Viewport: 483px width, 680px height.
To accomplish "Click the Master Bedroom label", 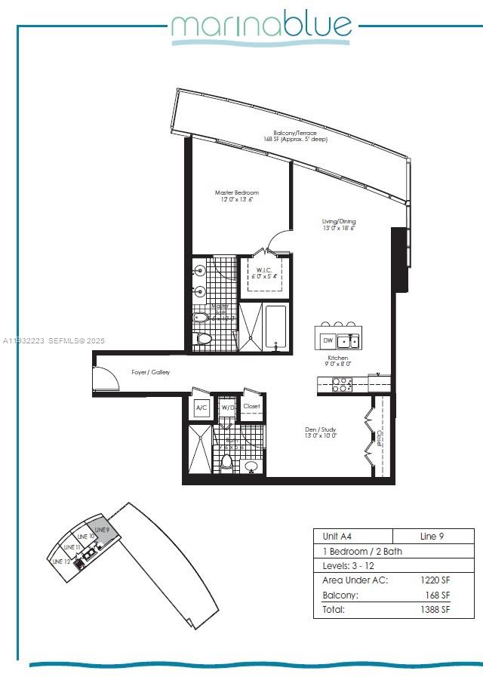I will (236, 193).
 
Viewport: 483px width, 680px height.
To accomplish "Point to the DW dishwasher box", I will (328, 341).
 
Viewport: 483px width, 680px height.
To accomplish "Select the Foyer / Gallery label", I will (151, 372).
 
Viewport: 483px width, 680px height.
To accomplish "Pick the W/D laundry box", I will (226, 408).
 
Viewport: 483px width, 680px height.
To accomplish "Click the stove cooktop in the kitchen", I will (342, 385).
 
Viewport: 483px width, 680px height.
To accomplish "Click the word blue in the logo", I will (317, 26).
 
